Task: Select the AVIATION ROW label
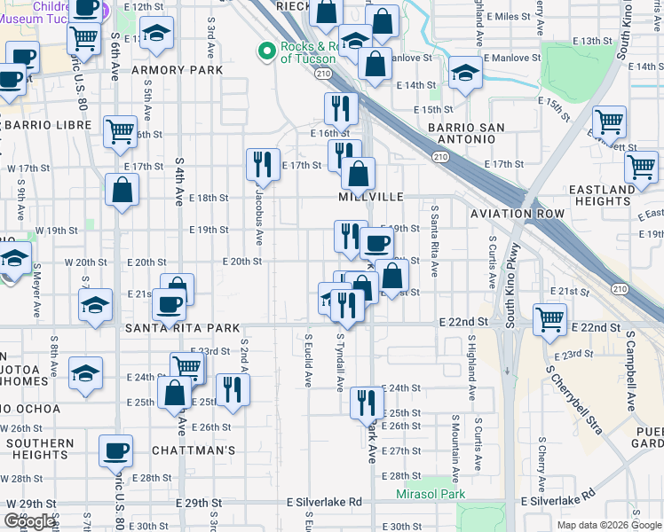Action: pos(518,214)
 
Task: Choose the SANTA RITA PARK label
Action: pos(182,328)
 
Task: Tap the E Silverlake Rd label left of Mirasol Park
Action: pos(324,502)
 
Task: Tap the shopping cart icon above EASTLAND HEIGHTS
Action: pos(641,165)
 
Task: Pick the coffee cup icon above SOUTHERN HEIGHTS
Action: pos(115,450)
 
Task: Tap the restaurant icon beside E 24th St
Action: pos(366,402)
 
